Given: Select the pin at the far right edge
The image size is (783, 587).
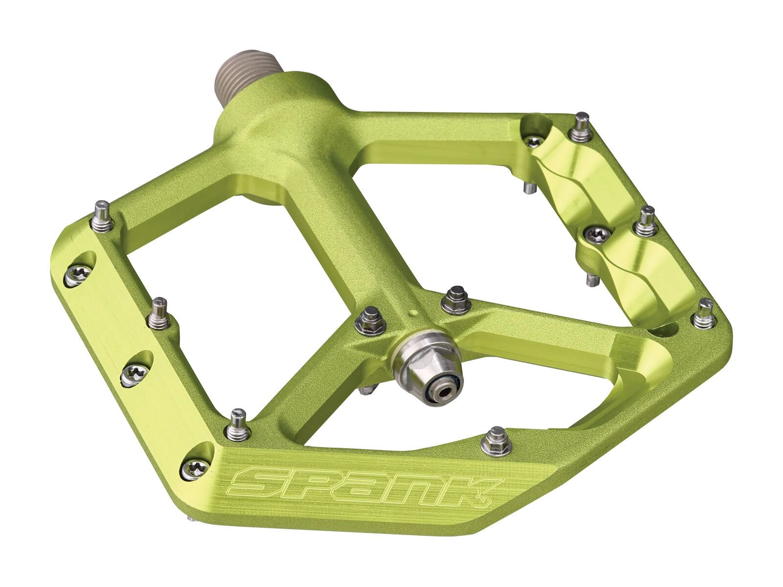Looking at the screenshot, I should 705,313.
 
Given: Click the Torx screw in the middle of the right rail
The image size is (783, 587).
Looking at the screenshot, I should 597,233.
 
